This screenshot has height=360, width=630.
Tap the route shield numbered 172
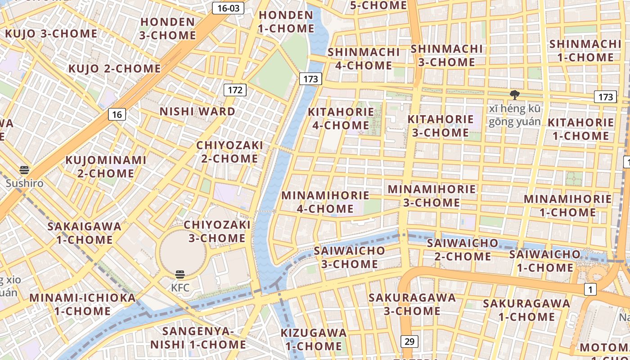(x=235, y=90)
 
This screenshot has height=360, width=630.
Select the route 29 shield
(x=409, y=342)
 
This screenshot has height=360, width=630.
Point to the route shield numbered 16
(x=117, y=114)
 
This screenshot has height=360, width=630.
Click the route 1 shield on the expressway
(x=590, y=289)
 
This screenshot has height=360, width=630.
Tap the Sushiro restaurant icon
(x=24, y=170)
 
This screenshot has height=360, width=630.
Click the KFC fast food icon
(x=180, y=274)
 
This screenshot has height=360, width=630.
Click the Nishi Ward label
(x=198, y=111)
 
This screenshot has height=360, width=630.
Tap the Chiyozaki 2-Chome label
(x=229, y=152)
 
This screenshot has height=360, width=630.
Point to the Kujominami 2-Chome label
(x=106, y=166)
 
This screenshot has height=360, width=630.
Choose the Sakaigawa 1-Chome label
(x=85, y=233)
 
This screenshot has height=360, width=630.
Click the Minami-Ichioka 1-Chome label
(x=82, y=304)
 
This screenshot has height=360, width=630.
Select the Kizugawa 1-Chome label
(x=314, y=339)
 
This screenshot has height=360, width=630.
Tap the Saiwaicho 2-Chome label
(x=463, y=250)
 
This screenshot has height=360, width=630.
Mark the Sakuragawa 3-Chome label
(x=412, y=304)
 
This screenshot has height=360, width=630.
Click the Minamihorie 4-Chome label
(x=325, y=202)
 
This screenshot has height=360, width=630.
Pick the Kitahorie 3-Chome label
(x=441, y=126)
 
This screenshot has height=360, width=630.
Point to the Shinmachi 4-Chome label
(x=364, y=58)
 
